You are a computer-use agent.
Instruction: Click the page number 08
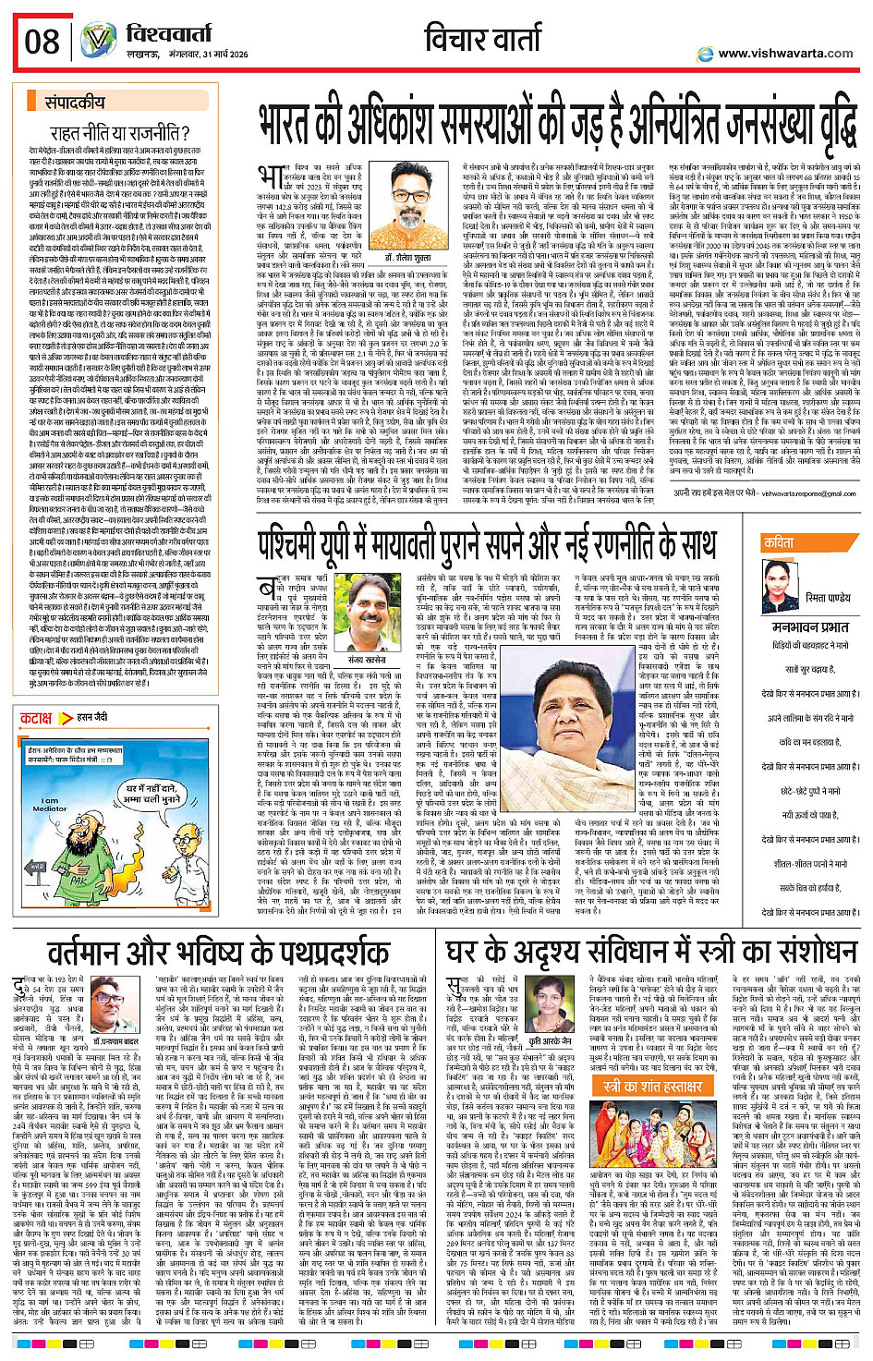(42, 41)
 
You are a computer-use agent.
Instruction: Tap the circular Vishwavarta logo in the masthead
(96, 41)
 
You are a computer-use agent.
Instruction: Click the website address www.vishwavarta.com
(785, 54)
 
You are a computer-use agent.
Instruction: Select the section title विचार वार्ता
(483, 39)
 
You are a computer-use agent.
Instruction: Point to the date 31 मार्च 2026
(219, 55)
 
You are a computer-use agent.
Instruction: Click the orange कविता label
(778, 543)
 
